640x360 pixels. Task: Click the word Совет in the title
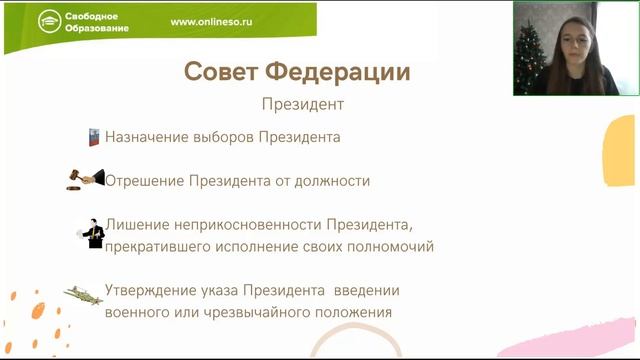tap(219, 72)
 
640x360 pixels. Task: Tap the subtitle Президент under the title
tap(302, 103)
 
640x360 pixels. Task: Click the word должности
tap(336, 181)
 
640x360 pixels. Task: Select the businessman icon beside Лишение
tap(91, 233)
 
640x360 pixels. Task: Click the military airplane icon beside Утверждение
tap(84, 294)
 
